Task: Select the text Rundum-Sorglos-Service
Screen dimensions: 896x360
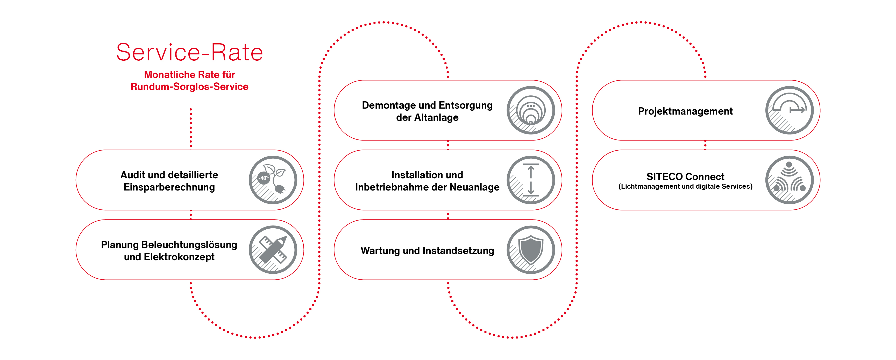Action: point(190,87)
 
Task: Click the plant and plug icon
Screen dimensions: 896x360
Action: point(273,180)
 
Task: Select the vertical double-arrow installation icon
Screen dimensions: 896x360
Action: point(531,180)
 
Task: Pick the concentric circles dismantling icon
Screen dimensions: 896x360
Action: point(531,110)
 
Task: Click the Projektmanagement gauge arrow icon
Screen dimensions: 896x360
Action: point(790,110)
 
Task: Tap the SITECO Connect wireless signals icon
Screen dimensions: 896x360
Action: point(790,180)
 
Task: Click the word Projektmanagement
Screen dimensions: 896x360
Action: point(685,111)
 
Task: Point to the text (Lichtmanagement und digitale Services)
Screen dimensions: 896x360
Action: point(685,186)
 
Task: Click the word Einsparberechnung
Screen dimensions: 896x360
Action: point(169,187)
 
